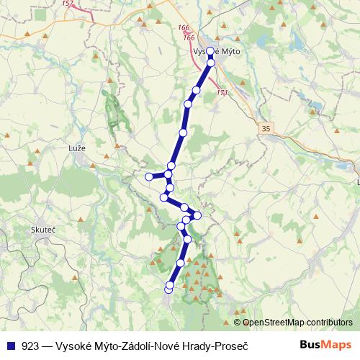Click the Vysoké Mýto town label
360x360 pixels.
217,52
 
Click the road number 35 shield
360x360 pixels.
267,128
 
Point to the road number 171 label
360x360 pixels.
222,93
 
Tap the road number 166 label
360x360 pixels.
184,28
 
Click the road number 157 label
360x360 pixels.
68,4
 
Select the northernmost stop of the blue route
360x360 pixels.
210,51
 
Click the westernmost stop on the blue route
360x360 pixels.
148,176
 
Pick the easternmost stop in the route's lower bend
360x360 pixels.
197,215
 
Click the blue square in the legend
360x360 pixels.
11,345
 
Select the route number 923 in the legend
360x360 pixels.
30,345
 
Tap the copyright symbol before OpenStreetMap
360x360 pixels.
237,323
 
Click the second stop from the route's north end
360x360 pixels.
211,63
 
